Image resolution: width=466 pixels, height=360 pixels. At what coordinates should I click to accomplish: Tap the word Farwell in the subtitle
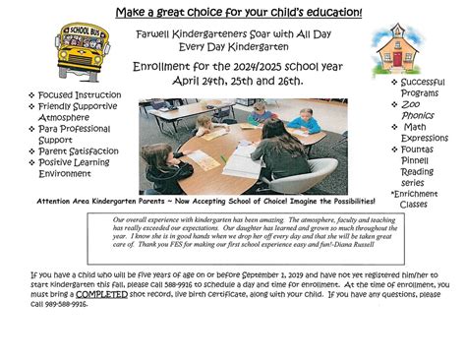click(154, 31)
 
